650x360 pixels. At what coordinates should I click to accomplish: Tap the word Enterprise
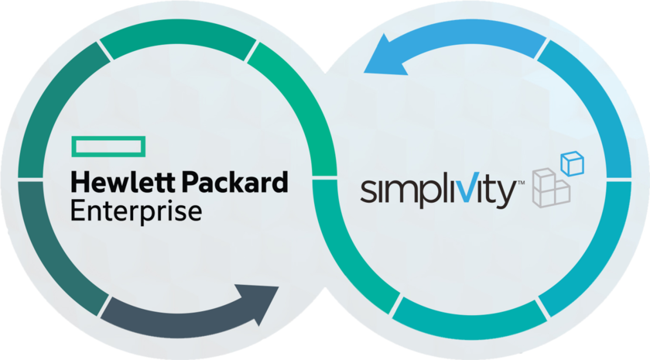(136, 212)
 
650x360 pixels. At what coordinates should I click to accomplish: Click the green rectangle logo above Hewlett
(108, 146)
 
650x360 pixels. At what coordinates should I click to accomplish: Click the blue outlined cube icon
(573, 163)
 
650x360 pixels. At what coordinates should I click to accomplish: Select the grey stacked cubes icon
(551, 188)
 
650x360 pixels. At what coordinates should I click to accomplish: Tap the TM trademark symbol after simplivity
(521, 182)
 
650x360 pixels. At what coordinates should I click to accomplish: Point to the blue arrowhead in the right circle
(385, 56)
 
